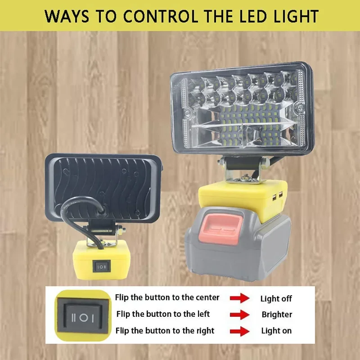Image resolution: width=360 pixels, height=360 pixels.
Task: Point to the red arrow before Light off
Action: click(x=239, y=298)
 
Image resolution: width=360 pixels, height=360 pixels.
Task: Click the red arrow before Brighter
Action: click(x=239, y=315)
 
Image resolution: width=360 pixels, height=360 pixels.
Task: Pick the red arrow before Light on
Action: click(x=239, y=331)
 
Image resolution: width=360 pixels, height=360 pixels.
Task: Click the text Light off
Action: click(x=276, y=298)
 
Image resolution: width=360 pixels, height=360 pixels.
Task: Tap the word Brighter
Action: click(x=277, y=315)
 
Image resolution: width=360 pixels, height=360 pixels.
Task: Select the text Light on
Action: click(x=276, y=331)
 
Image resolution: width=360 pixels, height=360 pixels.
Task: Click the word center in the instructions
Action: click(x=207, y=297)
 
